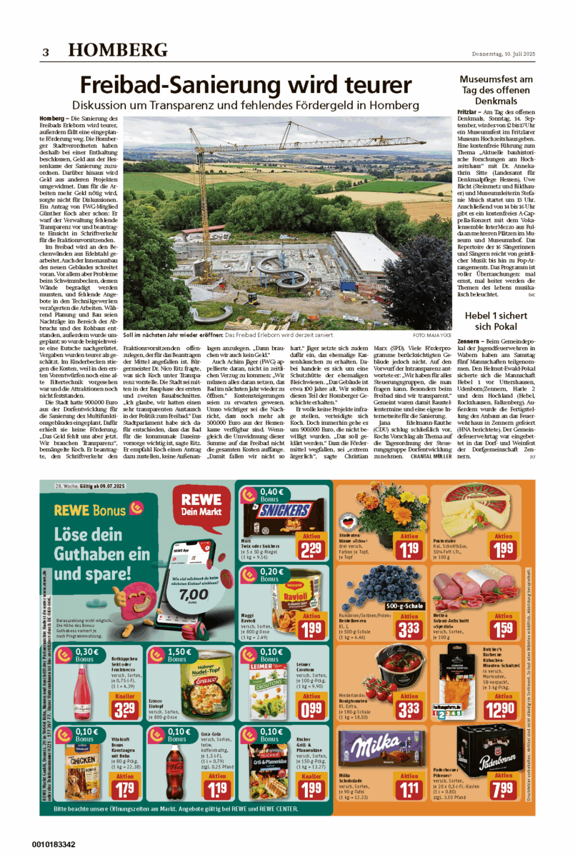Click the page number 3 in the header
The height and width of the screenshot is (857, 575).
pos(45,51)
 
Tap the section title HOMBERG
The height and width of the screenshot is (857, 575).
pos(119,50)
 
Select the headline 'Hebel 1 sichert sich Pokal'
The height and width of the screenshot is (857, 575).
pos(496,301)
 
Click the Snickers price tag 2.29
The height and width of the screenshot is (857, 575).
pos(311,550)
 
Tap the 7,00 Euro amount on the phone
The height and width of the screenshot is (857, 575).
pos(194,593)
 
